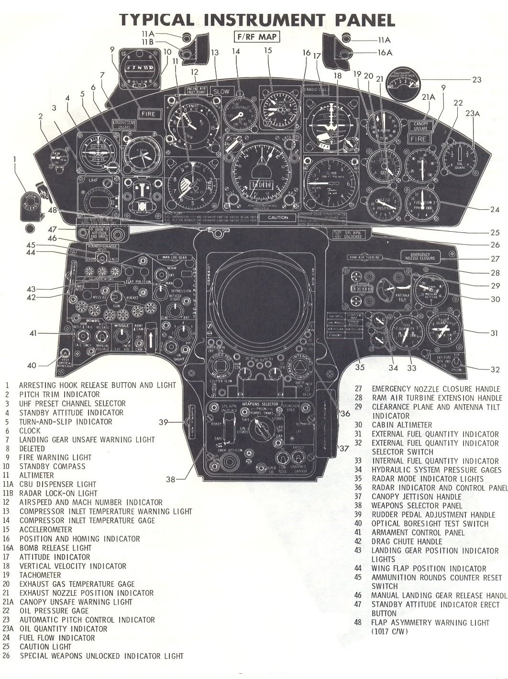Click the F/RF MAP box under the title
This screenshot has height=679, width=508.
pyautogui.click(x=256, y=37)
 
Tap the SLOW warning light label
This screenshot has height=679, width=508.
pyautogui.click(x=221, y=91)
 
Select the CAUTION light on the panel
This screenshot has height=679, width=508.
pyautogui.click(x=278, y=217)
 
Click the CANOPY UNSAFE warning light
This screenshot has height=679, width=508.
pyautogui.click(x=420, y=126)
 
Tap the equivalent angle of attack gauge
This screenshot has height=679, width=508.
pyautogui.click(x=402, y=83)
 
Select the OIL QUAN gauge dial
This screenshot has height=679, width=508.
pyautogui.click(x=459, y=157)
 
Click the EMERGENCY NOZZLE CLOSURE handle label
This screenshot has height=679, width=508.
pyautogui.click(x=420, y=256)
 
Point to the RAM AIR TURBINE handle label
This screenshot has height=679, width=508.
pyautogui.click(x=364, y=258)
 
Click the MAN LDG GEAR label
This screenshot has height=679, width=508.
pyautogui.click(x=176, y=257)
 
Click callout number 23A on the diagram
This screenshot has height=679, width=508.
pyautogui.click(x=473, y=113)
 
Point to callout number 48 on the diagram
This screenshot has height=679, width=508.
pyautogui.click(x=52, y=210)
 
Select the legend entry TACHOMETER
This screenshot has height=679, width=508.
pyautogui.click(x=40, y=575)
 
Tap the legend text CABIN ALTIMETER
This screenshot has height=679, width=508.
pyautogui.click(x=402, y=425)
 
